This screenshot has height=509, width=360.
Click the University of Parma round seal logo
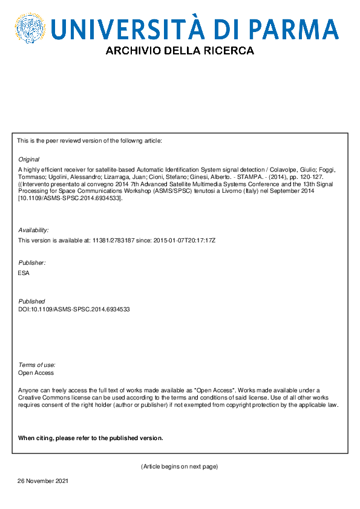(30, 29)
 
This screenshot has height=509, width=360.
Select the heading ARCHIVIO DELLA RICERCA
(180, 51)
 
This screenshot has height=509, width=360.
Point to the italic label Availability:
(34, 230)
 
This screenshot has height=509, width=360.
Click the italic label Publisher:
(32, 263)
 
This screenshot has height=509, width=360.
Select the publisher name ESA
(24, 273)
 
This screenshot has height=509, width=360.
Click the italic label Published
(31, 301)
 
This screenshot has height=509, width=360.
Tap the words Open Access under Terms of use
(36, 373)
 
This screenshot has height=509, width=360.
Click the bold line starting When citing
(90, 438)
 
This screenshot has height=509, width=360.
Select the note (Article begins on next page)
(179, 467)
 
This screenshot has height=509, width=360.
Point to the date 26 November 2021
(42, 481)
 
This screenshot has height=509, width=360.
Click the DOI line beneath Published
(74, 309)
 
